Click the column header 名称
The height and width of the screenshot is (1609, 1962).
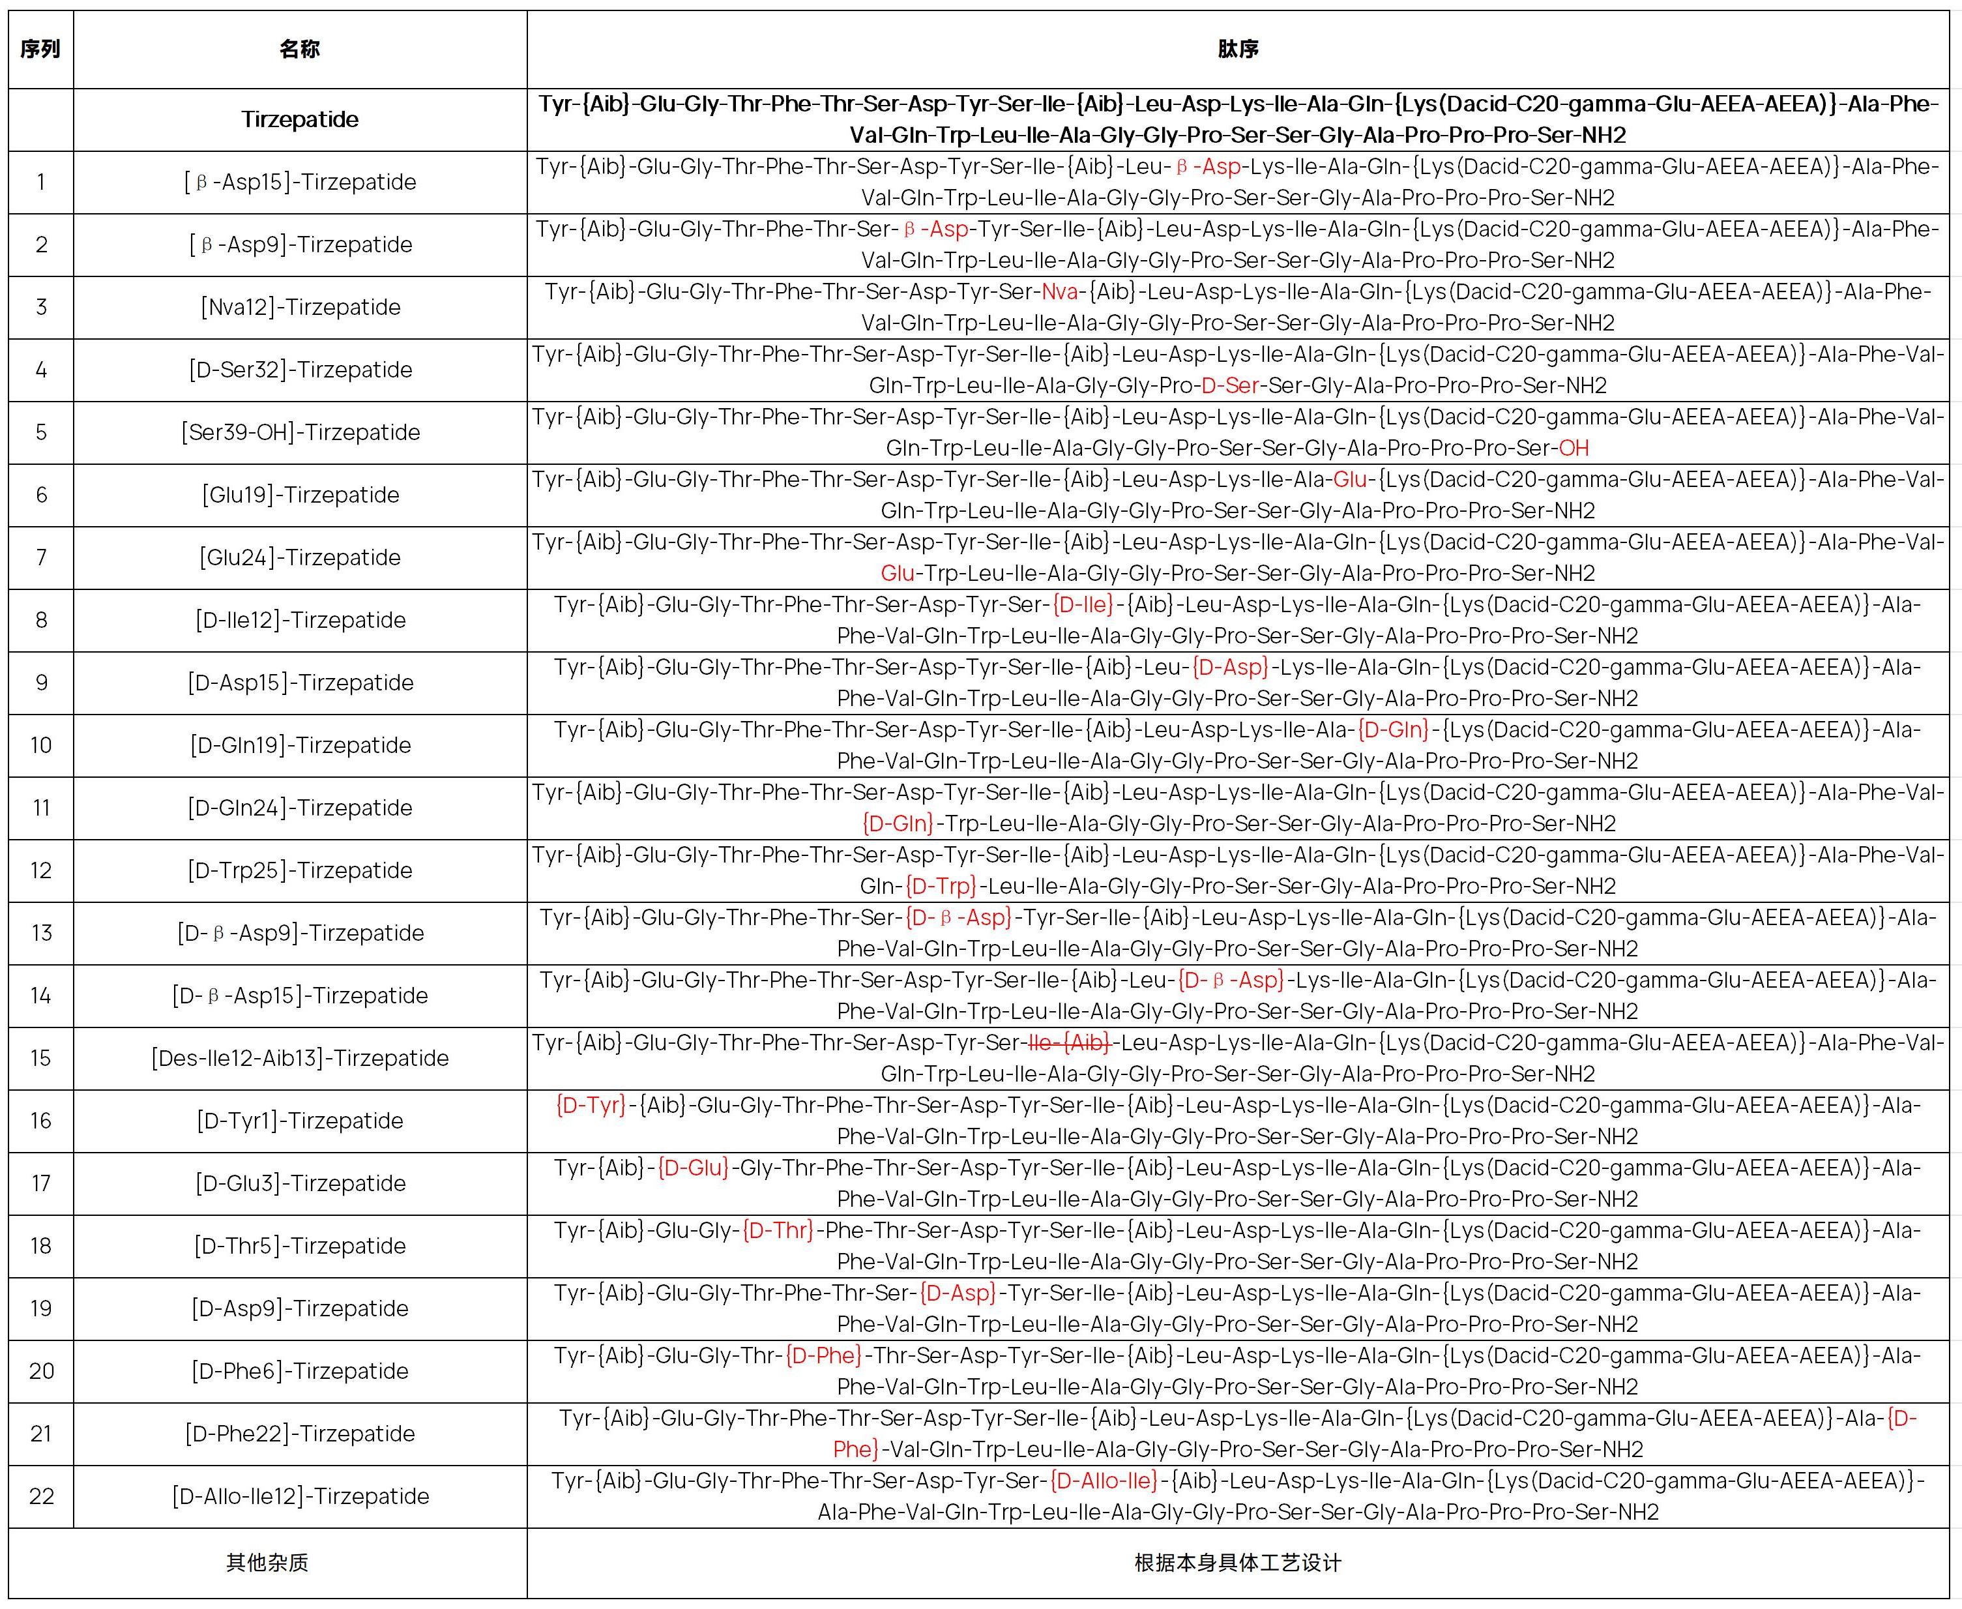(299, 49)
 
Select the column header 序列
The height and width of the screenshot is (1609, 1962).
(41, 49)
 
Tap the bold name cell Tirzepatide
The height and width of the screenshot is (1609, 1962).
(299, 119)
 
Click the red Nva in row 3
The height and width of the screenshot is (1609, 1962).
(1059, 292)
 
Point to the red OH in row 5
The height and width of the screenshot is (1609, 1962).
(1574, 449)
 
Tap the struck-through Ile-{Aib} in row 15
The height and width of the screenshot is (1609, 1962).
(1068, 1042)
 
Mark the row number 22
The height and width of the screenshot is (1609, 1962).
(41, 1496)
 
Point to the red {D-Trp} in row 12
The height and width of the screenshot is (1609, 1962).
(941, 886)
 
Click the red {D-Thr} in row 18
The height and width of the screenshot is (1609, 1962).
(778, 1230)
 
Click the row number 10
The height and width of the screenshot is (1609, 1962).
(41, 745)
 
